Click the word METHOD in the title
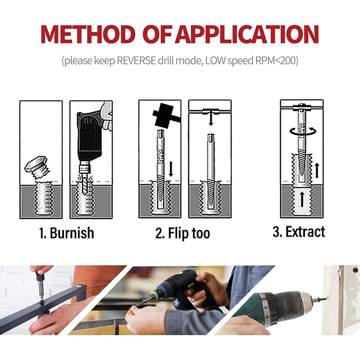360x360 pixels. (x=88, y=34)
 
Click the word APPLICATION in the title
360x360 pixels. (x=247, y=34)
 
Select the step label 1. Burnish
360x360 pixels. (x=66, y=233)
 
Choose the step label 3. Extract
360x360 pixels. (x=299, y=232)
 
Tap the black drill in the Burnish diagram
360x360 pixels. (x=90, y=137)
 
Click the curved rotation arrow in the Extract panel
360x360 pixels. (x=302, y=131)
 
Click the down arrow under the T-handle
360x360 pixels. (x=211, y=120)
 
